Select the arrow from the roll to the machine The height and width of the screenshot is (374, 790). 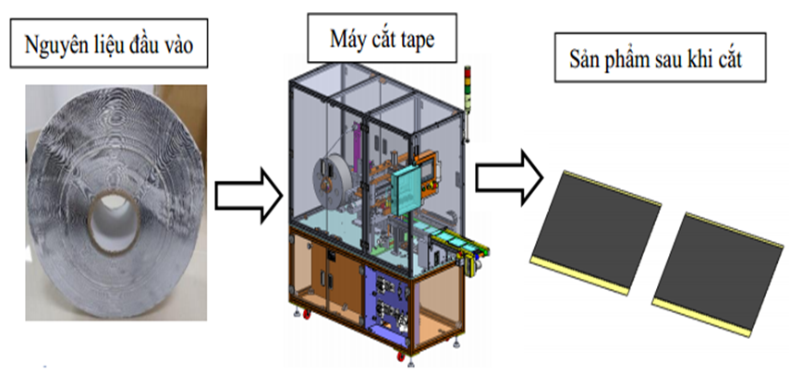point(247,194)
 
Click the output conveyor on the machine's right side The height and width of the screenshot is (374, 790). point(467,245)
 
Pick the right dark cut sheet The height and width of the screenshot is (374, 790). point(731,263)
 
